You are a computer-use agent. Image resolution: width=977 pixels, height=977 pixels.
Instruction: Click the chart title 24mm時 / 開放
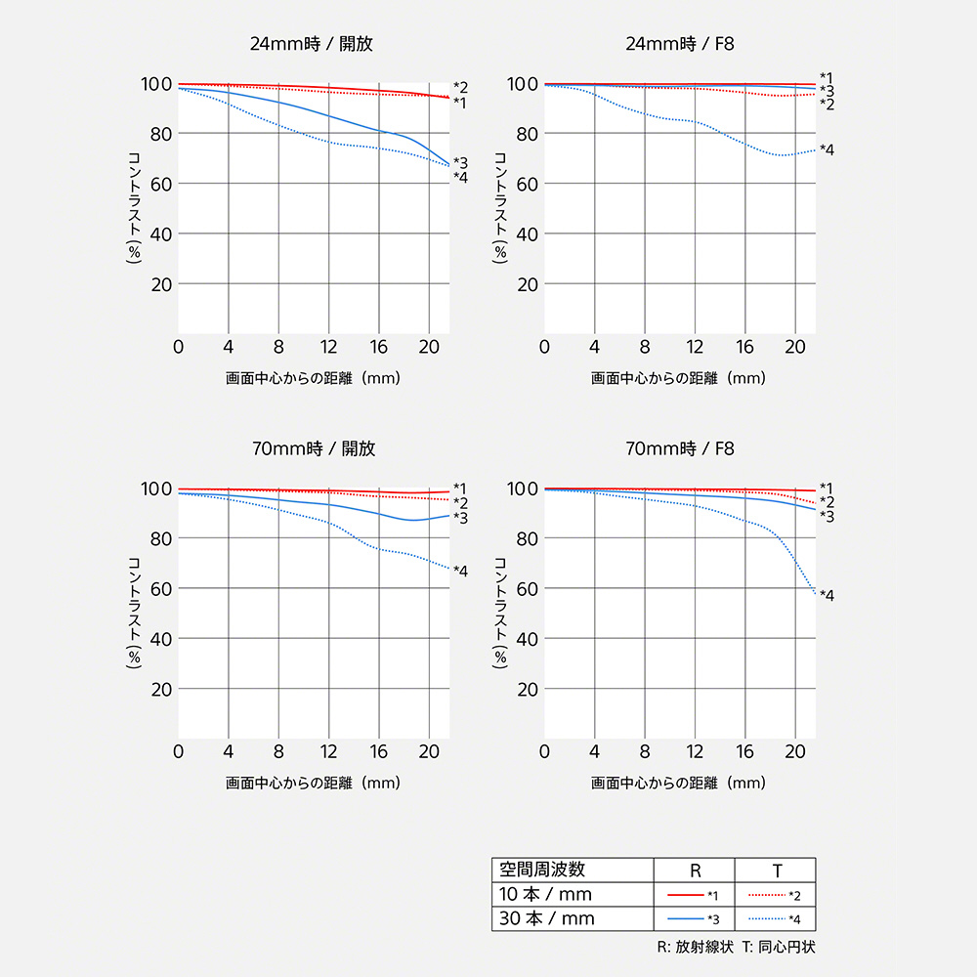point(312,44)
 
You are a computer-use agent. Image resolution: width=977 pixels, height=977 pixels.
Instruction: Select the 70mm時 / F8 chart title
point(680,449)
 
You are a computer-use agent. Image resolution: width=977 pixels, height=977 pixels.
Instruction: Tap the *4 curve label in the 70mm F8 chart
point(827,595)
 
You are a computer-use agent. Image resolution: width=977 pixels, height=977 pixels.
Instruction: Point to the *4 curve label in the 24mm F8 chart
point(827,149)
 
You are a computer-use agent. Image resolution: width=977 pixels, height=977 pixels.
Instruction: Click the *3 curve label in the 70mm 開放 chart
point(460,516)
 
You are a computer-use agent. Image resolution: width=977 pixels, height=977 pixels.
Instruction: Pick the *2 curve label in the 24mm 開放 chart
point(460,87)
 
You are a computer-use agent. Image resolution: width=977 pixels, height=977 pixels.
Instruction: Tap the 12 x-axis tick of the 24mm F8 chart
point(695,347)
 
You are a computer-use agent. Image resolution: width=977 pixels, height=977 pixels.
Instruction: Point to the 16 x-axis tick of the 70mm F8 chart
point(744,751)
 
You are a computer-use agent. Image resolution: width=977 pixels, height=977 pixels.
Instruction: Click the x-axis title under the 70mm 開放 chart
point(313,783)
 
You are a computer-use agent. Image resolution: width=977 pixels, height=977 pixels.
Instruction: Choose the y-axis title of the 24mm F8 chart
point(500,208)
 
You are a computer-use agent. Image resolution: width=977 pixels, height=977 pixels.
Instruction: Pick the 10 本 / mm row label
point(545,894)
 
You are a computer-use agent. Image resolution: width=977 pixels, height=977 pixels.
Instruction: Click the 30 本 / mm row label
point(545,918)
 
